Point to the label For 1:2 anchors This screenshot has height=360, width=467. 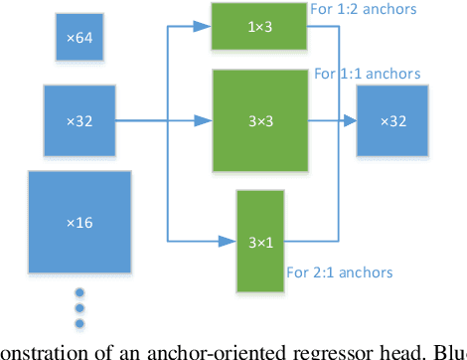tap(392, 10)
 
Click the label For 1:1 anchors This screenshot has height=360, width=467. tap(367, 74)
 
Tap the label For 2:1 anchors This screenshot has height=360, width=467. tap(339, 271)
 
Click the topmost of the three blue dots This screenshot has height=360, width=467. tap(79, 293)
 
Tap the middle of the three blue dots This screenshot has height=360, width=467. tap(79, 306)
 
